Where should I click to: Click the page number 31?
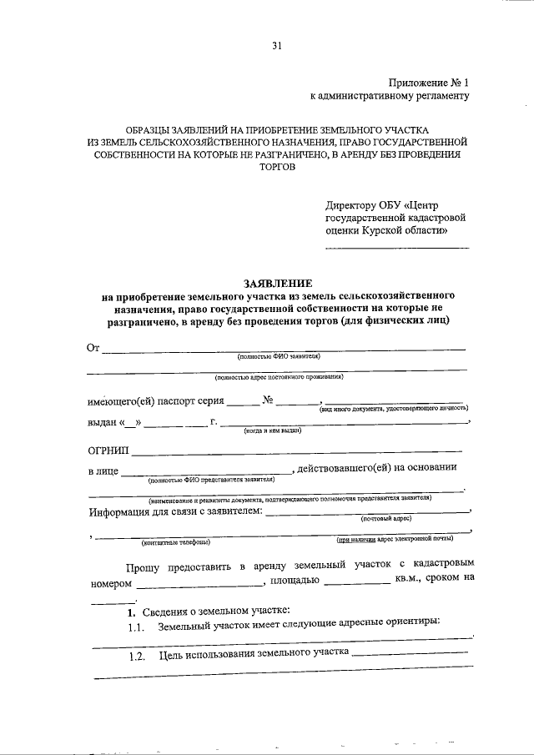click(276, 47)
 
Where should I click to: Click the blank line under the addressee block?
click(396, 248)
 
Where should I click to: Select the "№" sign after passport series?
click(268, 400)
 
